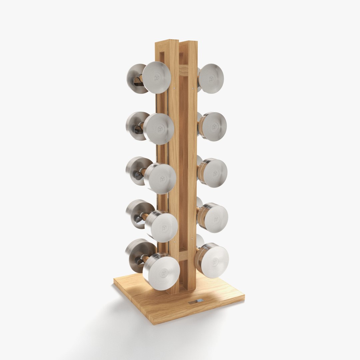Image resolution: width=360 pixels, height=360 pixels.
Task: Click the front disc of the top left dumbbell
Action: pos(157,77)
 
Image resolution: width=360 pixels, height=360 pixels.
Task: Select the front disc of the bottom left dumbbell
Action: pos(161,271)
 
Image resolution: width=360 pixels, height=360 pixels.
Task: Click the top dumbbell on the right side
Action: pos(211,78)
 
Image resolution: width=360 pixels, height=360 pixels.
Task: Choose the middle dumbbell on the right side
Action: pos(213,173)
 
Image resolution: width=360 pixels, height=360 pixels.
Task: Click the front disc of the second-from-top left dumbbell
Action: pos(159,129)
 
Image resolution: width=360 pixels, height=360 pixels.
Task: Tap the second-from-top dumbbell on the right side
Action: pos(213,126)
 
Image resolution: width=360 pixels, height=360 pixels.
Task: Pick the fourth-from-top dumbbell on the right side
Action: pos(213,218)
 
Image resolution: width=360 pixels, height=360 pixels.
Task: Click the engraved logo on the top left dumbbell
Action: pos(157,78)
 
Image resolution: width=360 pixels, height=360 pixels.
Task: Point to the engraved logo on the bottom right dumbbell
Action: pos(215,262)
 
